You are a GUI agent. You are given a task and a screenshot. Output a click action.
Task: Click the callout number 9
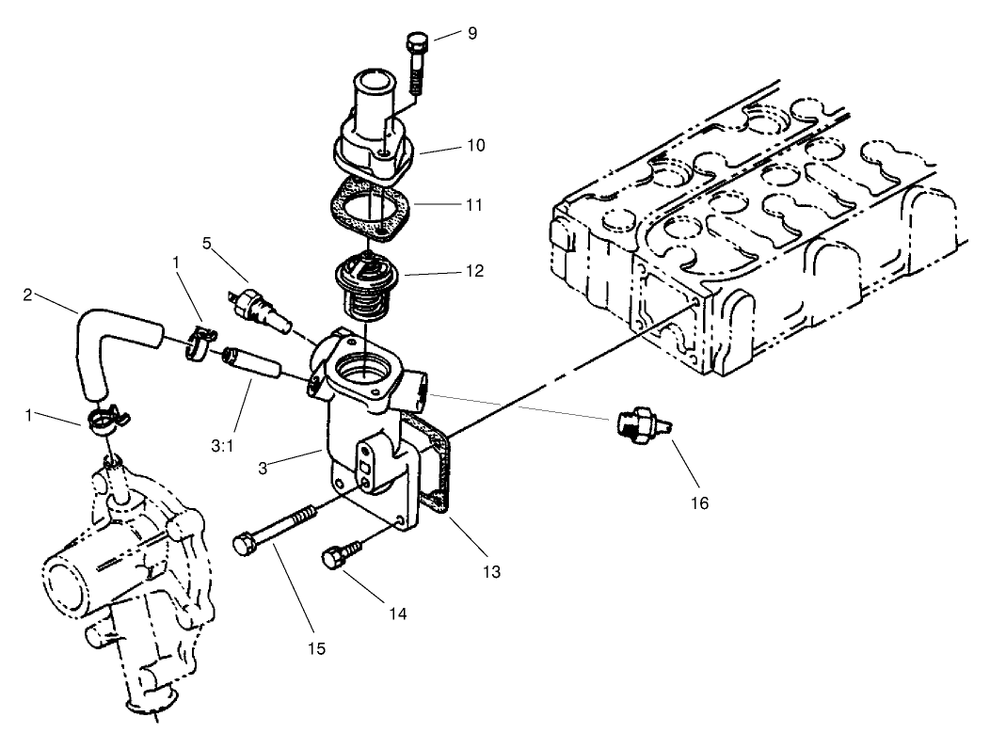[x=471, y=34]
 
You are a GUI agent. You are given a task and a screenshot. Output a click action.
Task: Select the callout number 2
[x=29, y=294]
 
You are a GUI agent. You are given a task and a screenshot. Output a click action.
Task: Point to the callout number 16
[x=697, y=503]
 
